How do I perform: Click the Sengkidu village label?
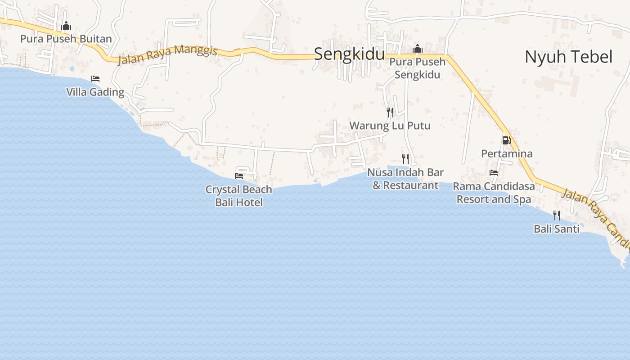tap(349, 54)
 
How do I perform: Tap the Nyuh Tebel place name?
tap(568, 57)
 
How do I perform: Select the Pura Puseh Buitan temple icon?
tap(66, 26)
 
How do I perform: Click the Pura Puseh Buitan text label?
tap(66, 39)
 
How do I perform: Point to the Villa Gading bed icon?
tap(95, 79)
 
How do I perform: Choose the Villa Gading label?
tap(95, 92)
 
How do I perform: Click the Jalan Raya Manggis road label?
tap(167, 55)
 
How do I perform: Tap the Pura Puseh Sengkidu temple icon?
tap(418, 49)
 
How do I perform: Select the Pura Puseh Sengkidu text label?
tap(418, 68)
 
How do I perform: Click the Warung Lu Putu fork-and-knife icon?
tap(390, 112)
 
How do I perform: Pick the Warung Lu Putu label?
tap(390, 126)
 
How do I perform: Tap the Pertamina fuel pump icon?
tap(507, 140)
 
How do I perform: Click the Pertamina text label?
tap(507, 154)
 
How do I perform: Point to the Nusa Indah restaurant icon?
tap(405, 158)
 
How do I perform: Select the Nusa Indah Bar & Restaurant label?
tap(405, 179)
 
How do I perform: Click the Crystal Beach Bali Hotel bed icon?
tap(239, 176)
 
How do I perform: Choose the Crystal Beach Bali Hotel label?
tap(239, 196)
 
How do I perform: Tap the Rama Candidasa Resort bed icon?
tap(494, 173)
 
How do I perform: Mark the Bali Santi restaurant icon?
tap(557, 215)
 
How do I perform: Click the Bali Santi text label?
tap(556, 229)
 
